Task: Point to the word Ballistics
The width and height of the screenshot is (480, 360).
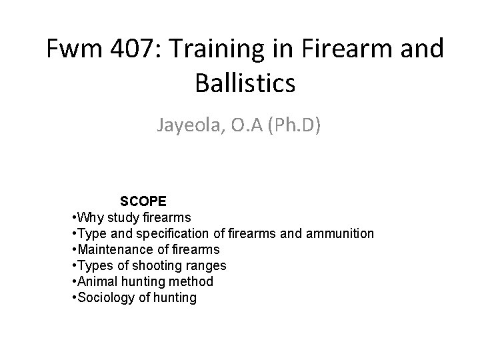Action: coord(245,84)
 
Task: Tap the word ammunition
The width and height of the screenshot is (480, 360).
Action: coord(341,233)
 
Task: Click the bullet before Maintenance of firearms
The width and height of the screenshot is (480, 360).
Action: coord(73,249)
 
